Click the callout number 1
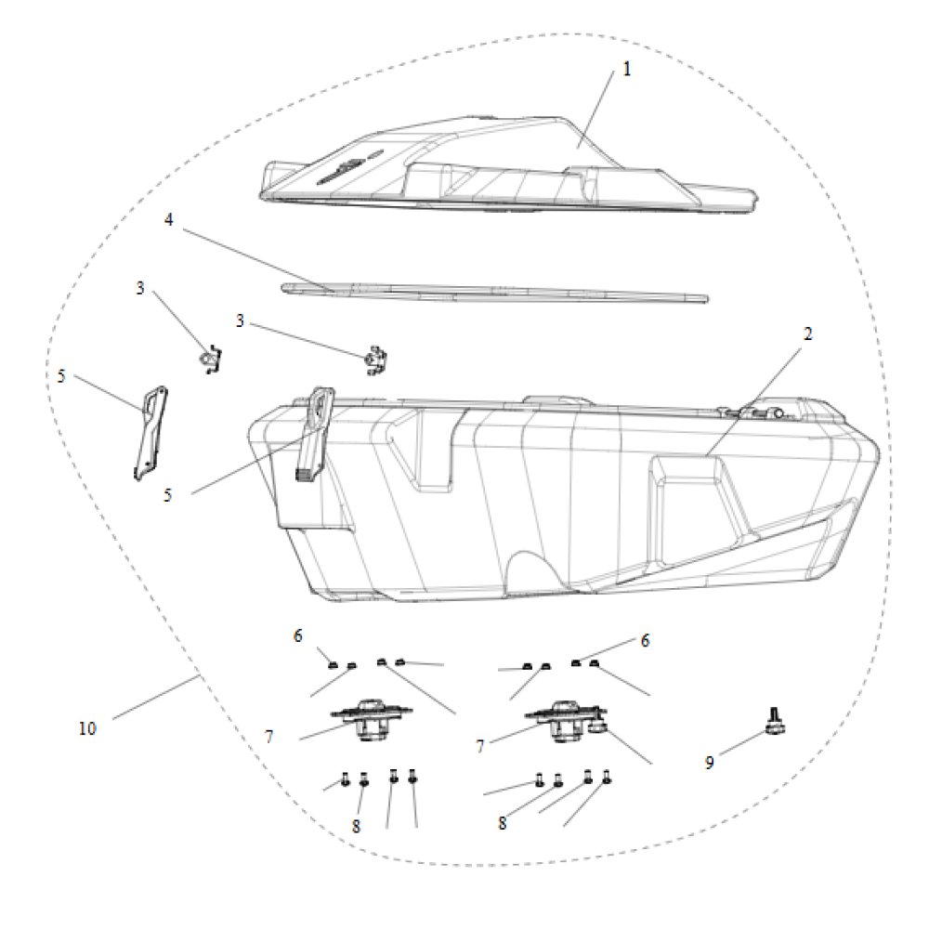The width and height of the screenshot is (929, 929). pos(627,70)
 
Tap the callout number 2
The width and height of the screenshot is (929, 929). pos(807,334)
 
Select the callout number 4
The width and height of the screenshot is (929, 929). pos(169,220)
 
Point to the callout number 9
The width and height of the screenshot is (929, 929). pos(709,763)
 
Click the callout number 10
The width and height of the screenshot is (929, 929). pos(87,728)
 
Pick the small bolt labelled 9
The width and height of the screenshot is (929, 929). pos(775,721)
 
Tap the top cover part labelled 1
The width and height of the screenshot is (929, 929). pos(508,164)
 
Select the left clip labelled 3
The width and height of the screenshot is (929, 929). pos(210,360)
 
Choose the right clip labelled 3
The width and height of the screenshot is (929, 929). pos(375,360)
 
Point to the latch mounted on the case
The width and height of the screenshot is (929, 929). pos(315,434)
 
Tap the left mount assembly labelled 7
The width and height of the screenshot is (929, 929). pos(372,720)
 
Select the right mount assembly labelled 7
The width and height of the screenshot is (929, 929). pos(566,721)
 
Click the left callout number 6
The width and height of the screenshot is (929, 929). pos(298,635)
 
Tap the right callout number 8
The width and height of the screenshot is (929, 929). pos(503,823)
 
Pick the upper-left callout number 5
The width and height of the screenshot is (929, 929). pos(61,376)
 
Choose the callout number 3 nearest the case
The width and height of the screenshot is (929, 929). pos(240,321)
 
